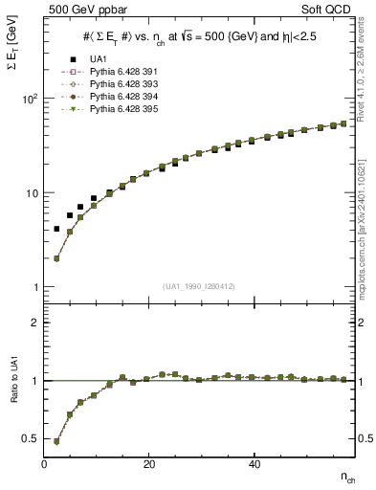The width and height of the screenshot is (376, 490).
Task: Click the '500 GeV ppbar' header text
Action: point(77,10)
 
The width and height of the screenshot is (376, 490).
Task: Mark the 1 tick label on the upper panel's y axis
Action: point(33,287)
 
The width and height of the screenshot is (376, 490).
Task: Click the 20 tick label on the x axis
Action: point(149,463)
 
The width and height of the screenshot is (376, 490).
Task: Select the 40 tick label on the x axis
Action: point(254,463)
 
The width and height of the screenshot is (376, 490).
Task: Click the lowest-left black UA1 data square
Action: point(57,230)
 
